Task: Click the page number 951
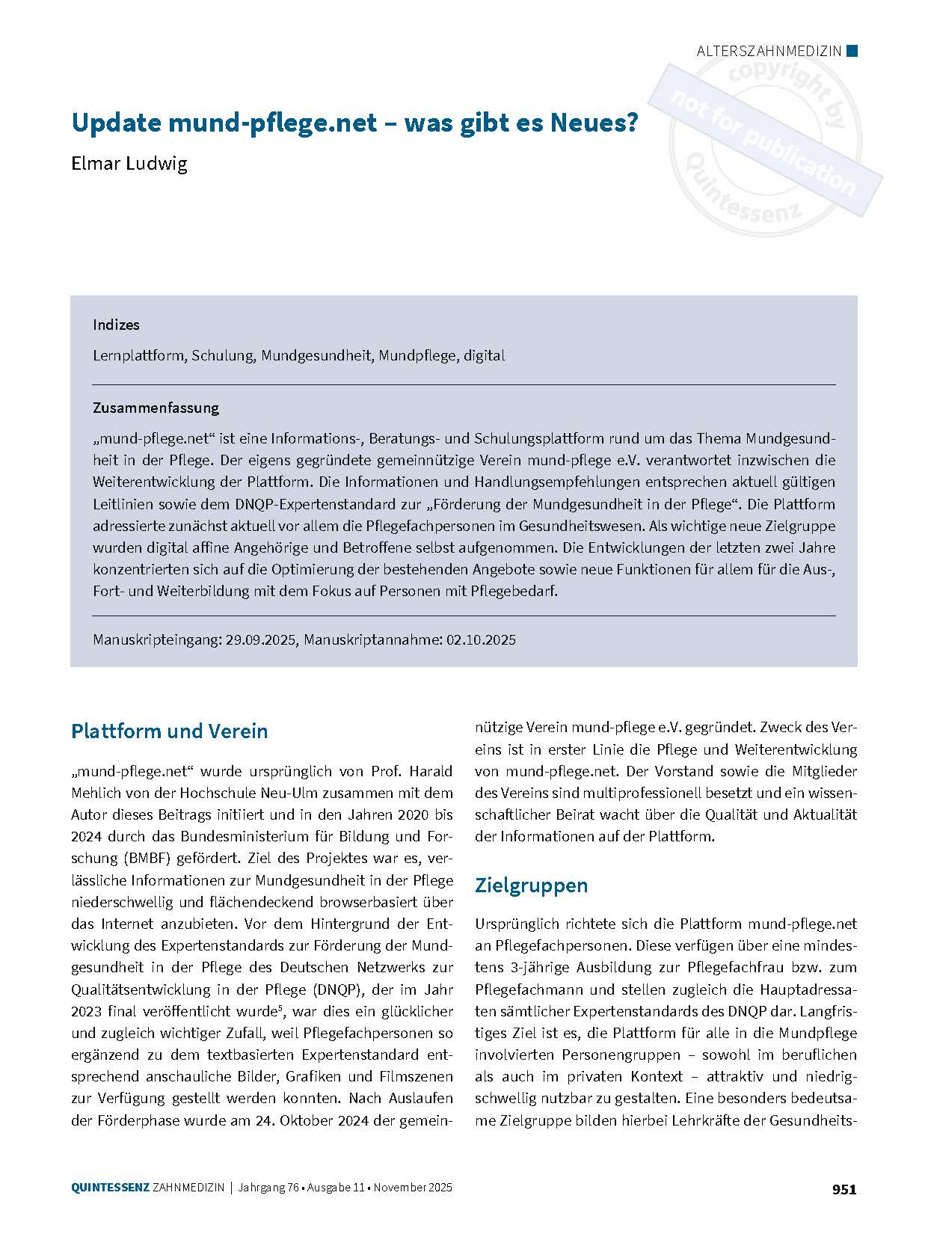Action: coord(844,1188)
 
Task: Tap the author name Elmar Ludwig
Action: coord(129,163)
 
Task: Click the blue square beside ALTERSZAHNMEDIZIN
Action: coord(852,51)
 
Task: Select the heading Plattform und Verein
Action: coord(169,731)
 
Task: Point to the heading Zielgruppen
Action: coord(531,885)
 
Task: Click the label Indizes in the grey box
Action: coord(116,325)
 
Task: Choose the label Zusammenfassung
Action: coord(156,408)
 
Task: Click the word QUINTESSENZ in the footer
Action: coord(110,1188)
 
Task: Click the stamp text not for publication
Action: coord(763,143)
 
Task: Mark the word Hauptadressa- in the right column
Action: coord(806,989)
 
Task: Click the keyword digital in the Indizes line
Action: coord(484,355)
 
